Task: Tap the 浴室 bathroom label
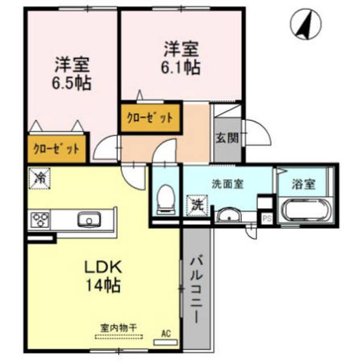(304, 184)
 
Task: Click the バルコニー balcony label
(196, 288)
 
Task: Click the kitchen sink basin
(89, 219)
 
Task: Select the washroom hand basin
(229, 216)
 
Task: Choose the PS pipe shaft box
(265, 217)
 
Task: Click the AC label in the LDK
(166, 334)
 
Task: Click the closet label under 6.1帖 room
(150, 118)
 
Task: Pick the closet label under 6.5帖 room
(56, 150)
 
